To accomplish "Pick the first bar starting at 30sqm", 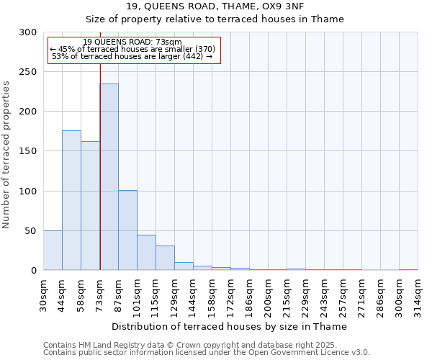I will pos(53,251).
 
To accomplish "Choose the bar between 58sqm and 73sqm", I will pos(90,206).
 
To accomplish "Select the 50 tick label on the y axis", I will pos(32,230).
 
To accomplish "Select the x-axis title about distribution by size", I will pos(230,326).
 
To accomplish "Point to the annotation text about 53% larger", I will pos(132,56).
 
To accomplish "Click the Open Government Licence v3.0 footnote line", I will pos(207,353).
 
